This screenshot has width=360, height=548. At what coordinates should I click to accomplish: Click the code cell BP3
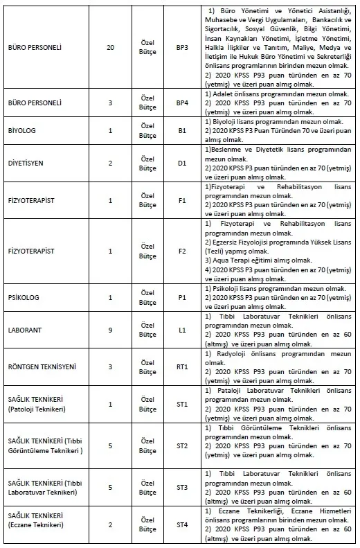point(182,48)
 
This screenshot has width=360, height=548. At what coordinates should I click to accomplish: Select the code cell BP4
point(182,103)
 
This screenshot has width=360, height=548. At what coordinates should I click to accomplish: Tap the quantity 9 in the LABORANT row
point(110,330)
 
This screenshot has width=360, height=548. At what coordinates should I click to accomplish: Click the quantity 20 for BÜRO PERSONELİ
point(110,48)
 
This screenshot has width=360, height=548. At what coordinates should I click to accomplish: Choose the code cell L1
point(182,330)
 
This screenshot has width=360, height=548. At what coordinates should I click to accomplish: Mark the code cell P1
point(182,297)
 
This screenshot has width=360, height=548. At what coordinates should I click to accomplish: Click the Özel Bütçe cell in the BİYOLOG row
point(147,130)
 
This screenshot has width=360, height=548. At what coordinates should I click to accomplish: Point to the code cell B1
point(182,130)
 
